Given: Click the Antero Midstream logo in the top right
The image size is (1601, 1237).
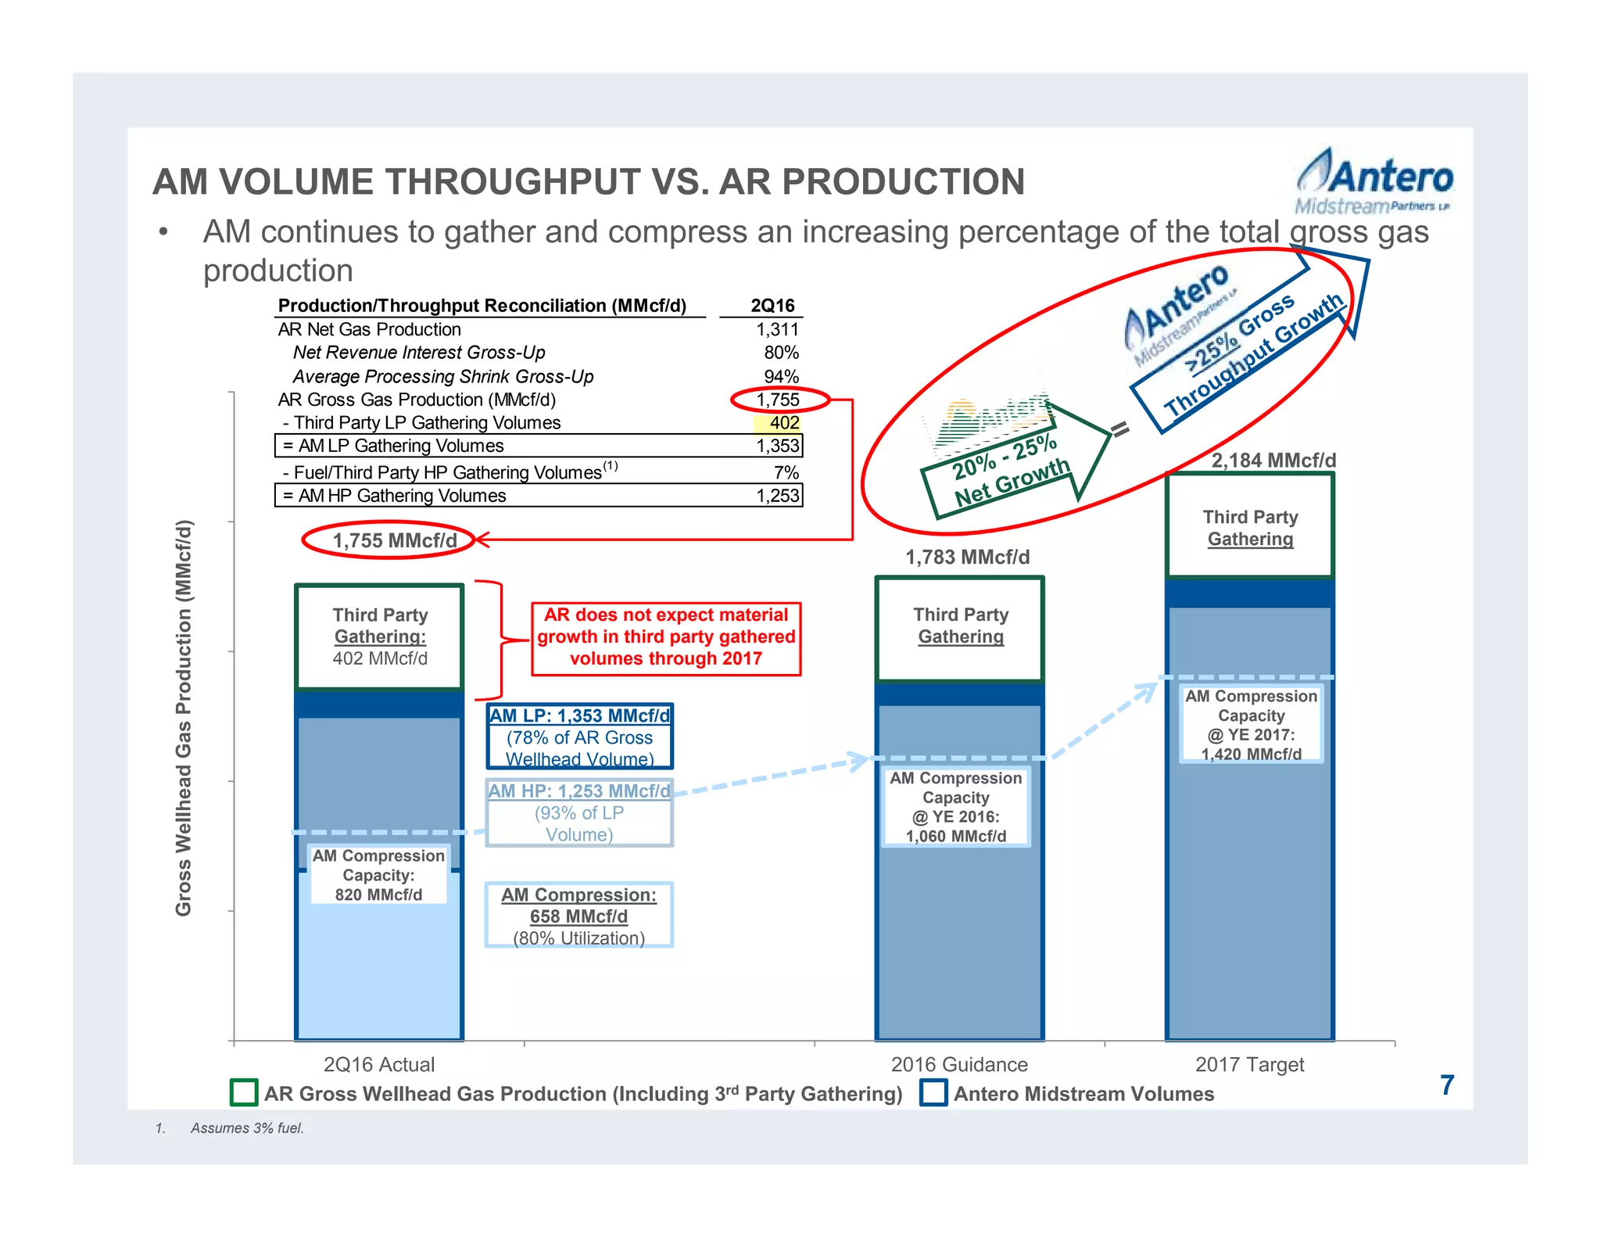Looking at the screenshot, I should coord(1374,182).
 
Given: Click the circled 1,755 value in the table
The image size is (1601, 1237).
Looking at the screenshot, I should coord(779,400).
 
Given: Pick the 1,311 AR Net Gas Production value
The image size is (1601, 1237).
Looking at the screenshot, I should coord(777,329).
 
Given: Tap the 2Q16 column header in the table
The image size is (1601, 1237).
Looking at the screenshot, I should coord(772,306).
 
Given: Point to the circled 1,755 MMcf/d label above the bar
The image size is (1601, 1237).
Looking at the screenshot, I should coord(393,540).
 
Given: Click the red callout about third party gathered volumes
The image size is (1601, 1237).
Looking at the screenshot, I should coord(666,637).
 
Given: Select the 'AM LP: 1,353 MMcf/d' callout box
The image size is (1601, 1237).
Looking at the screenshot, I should coord(579,737).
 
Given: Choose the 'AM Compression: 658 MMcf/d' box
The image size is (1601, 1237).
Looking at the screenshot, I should coord(578,916).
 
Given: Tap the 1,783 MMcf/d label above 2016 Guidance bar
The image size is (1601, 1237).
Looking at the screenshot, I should coord(967,558).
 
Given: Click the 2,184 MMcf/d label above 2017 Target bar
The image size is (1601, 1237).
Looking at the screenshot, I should coord(1273,461).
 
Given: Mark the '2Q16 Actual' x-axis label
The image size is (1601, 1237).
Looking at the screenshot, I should coord(379,1064).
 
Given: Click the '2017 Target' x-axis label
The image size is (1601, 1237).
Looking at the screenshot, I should coord(1249,1064).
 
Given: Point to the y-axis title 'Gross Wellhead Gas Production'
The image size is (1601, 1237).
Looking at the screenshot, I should coord(183,717).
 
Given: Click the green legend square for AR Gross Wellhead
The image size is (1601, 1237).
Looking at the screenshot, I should coord(244,1092).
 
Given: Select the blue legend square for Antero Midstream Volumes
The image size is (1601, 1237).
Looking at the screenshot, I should coord(933,1092).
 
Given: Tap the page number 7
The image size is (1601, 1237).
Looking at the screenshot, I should coord(1447,1085).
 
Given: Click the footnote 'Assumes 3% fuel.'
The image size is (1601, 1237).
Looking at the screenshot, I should coord(247,1128).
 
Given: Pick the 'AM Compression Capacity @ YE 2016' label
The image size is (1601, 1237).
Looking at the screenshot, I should coord(956,807).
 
